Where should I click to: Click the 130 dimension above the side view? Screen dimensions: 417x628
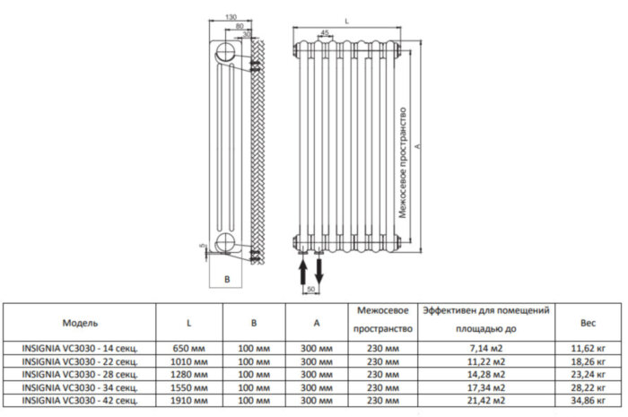231,17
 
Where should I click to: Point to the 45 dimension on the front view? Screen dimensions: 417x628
323,32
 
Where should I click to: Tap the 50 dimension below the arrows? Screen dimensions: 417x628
311,291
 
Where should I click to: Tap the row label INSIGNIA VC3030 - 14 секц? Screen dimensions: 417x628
80,347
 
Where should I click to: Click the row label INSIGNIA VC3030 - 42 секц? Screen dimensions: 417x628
80,396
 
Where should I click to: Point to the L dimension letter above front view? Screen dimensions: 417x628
346,17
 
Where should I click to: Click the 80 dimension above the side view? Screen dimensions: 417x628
239,26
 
